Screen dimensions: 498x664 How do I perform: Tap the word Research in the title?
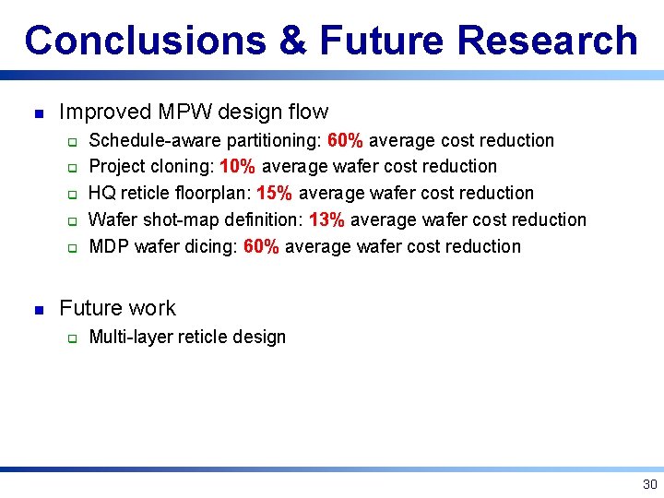point(547,41)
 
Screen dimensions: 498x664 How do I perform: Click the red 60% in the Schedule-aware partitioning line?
point(345,140)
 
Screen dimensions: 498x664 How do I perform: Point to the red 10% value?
point(237,167)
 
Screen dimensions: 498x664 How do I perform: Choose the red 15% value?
point(274,194)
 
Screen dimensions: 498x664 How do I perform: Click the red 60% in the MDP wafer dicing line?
point(261,247)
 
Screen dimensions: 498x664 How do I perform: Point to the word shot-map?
point(181,220)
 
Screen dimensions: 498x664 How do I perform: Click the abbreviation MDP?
point(108,247)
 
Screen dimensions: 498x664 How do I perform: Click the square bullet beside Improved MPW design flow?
point(36,113)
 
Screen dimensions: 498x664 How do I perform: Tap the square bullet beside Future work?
point(36,309)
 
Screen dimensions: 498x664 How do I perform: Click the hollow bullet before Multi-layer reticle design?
point(70,338)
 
